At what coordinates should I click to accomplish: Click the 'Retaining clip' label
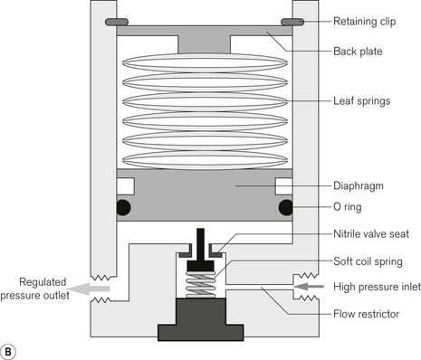click(364, 22)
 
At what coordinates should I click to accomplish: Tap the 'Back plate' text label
click(358, 52)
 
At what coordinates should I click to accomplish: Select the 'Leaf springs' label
click(361, 101)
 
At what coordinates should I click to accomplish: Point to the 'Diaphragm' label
click(359, 185)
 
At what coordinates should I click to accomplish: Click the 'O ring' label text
click(347, 207)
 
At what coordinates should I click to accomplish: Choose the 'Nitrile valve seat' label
click(371, 234)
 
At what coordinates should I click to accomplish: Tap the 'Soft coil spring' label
click(368, 261)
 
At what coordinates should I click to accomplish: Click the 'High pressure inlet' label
click(377, 287)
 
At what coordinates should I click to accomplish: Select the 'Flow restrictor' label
click(366, 314)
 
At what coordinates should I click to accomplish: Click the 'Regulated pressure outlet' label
click(35, 289)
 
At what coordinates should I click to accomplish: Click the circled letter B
click(8, 352)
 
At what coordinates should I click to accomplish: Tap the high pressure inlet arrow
click(309, 287)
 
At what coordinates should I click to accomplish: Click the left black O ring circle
click(123, 207)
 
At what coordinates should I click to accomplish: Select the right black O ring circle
click(285, 207)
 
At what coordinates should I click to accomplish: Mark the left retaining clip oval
click(117, 22)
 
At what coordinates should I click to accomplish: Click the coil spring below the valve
click(201, 284)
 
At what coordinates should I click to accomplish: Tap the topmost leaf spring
click(205, 63)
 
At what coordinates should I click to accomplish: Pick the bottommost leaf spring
click(205, 160)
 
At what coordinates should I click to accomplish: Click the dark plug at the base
click(201, 319)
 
